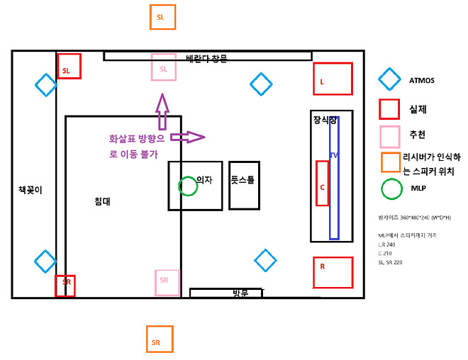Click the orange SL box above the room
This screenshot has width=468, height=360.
coord(162,17)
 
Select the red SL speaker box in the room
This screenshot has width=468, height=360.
coord(69,67)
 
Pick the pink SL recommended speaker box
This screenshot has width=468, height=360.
coord(163,67)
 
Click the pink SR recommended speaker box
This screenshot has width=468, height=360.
coord(167,282)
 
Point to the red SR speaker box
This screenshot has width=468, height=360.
coord(65,286)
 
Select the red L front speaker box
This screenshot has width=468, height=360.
coord(333,79)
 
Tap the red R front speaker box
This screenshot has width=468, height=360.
coord(333,272)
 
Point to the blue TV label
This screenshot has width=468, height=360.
coord(334,154)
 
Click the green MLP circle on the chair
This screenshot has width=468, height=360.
coord(188,186)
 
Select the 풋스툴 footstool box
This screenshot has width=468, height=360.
coord(244,185)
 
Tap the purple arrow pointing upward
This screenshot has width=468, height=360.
coord(162,111)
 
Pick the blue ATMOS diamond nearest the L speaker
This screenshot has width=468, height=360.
coord(261,84)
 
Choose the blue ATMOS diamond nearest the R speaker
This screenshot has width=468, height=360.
coord(265,260)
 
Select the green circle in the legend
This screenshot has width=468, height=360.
coord(391,189)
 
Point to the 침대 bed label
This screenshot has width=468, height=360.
coord(102,201)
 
